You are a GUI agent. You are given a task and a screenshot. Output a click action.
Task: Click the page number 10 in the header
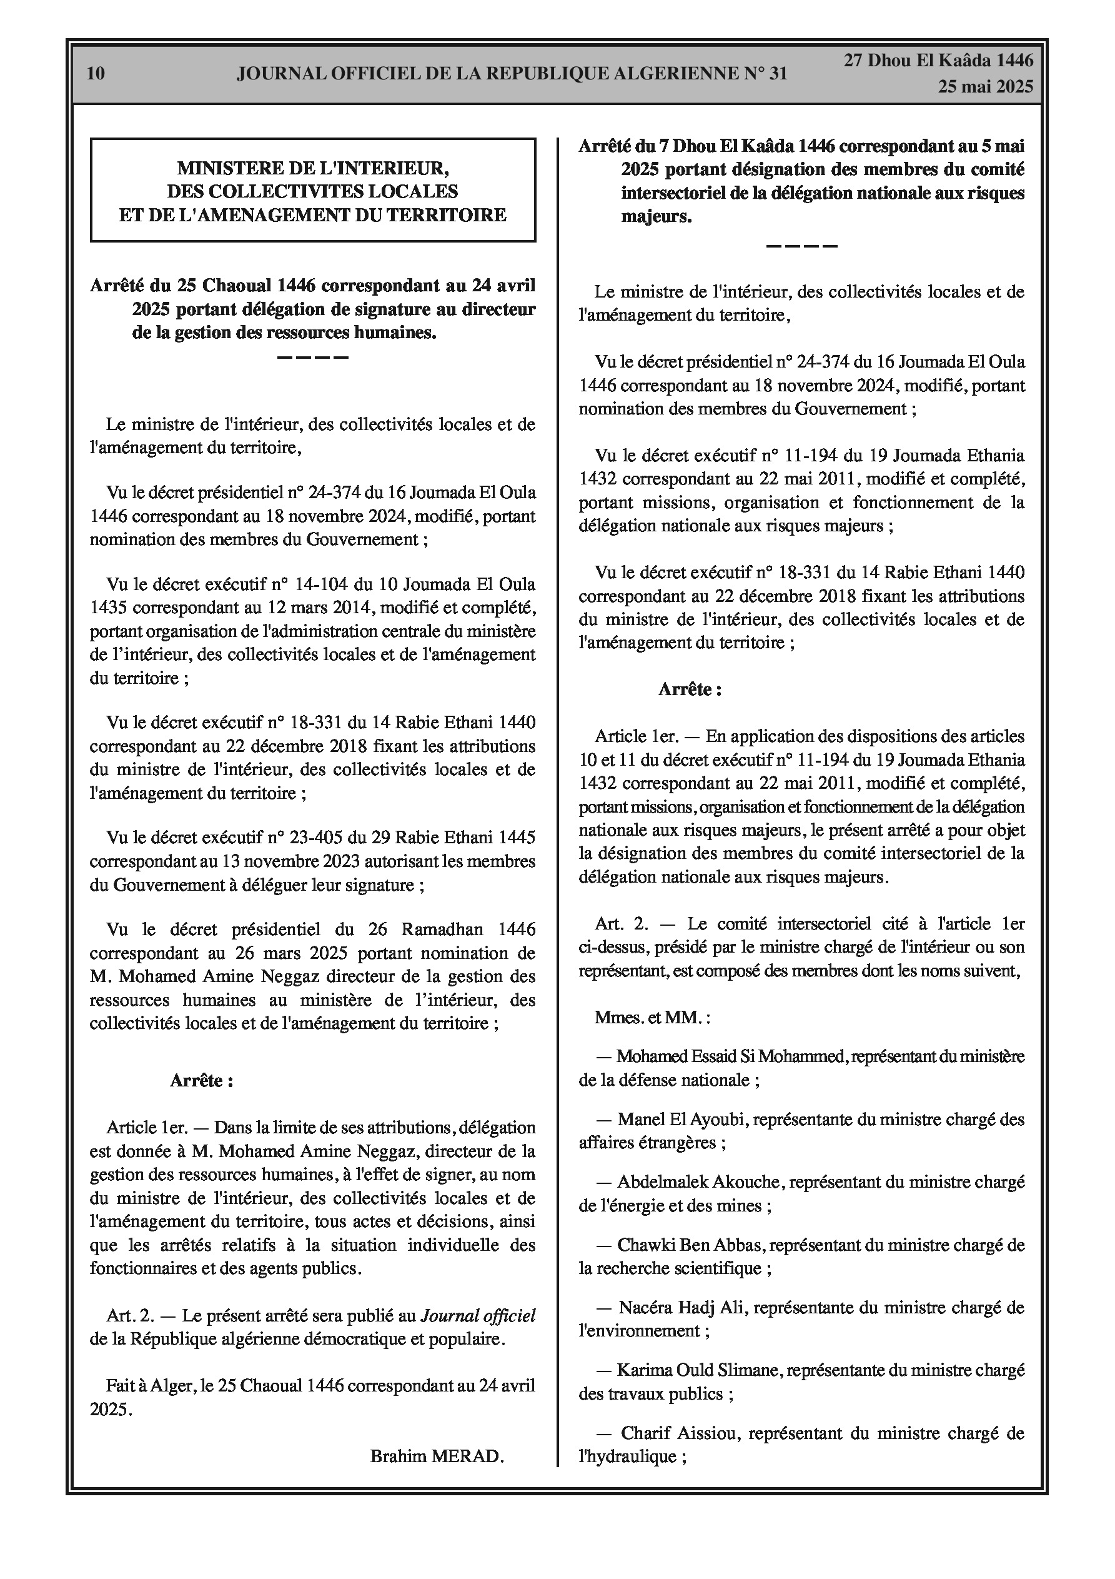click(96, 73)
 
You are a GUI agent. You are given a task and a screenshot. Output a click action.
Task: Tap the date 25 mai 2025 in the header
click(985, 87)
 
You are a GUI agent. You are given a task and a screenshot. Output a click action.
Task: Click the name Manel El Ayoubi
click(682, 1119)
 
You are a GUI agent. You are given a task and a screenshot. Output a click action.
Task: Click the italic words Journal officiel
click(478, 1316)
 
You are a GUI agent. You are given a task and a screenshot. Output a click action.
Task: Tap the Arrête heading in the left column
click(201, 1080)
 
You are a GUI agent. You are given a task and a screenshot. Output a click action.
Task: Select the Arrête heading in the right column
click(690, 689)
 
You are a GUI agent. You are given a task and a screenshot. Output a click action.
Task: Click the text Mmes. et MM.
click(652, 1017)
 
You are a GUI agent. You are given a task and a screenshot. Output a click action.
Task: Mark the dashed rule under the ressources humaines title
click(313, 358)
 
